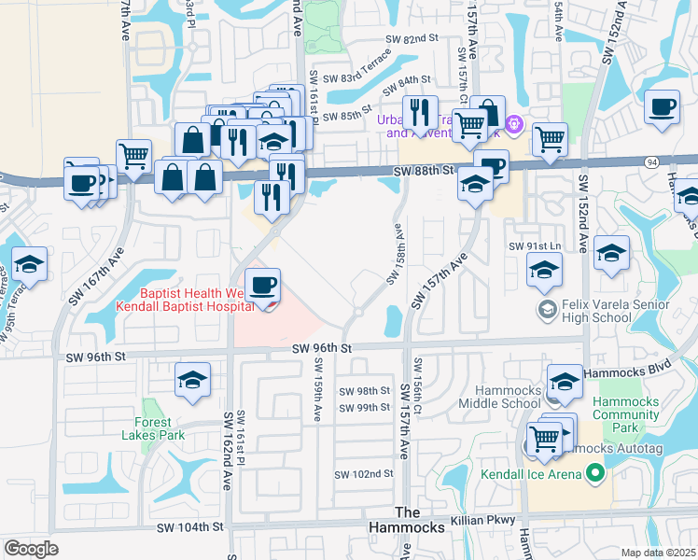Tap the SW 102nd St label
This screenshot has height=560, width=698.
pos(364,474)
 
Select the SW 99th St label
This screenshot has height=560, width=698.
pos(364,408)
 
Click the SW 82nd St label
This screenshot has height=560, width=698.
pos(412,38)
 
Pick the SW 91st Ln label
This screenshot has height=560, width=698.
pos(531,246)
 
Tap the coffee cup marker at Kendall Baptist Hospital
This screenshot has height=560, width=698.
pos(262,286)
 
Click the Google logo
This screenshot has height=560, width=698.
pos(32,548)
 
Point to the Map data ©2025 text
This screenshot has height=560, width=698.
pos(658,553)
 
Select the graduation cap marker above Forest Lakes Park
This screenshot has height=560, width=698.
pos(193,380)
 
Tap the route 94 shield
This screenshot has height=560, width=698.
pos(650,161)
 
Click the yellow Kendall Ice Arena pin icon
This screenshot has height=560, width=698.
pos(593,474)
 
